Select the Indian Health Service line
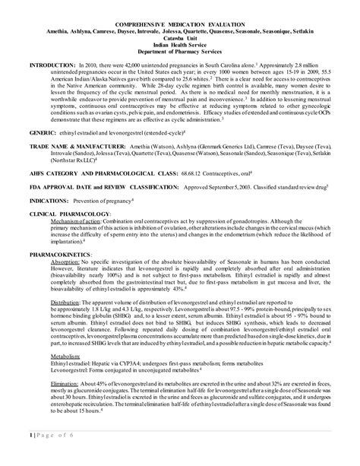[179, 43]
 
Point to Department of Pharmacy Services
[179, 49]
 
